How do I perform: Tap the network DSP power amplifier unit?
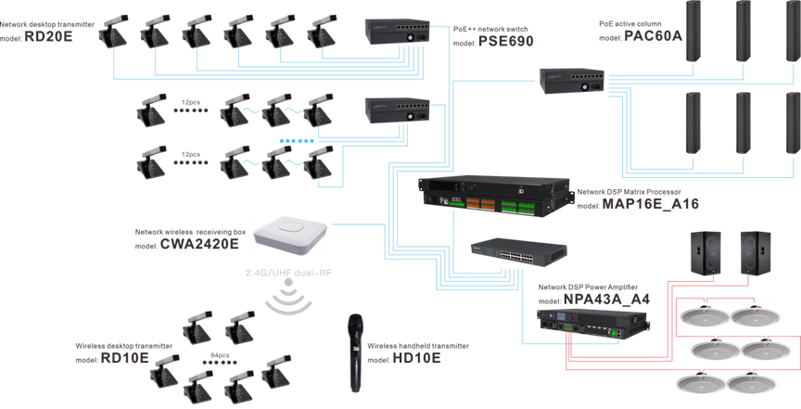[x=593, y=327]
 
